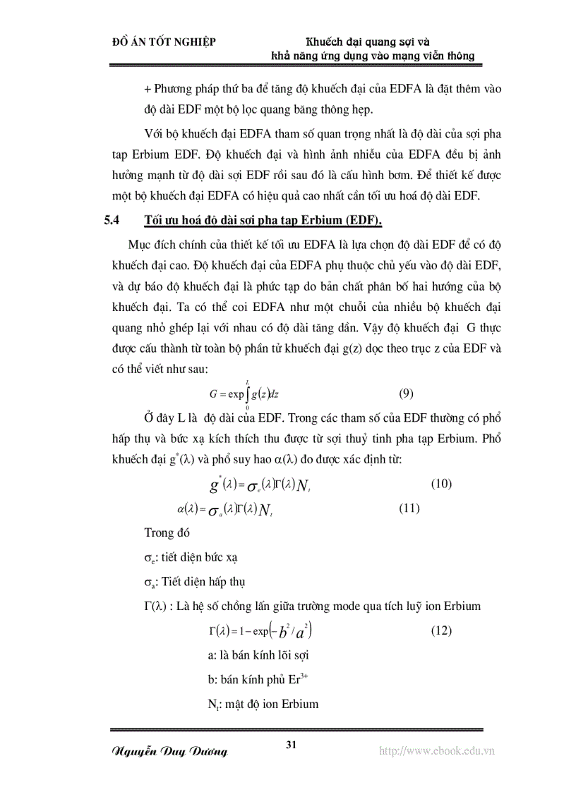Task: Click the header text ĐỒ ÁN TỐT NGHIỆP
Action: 164,42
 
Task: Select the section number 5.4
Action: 112,221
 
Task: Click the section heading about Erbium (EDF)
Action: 263,221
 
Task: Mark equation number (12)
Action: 440,631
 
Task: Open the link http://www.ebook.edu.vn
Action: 437,750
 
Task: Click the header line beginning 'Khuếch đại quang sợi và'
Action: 373,42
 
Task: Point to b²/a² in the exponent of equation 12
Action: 294,630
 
